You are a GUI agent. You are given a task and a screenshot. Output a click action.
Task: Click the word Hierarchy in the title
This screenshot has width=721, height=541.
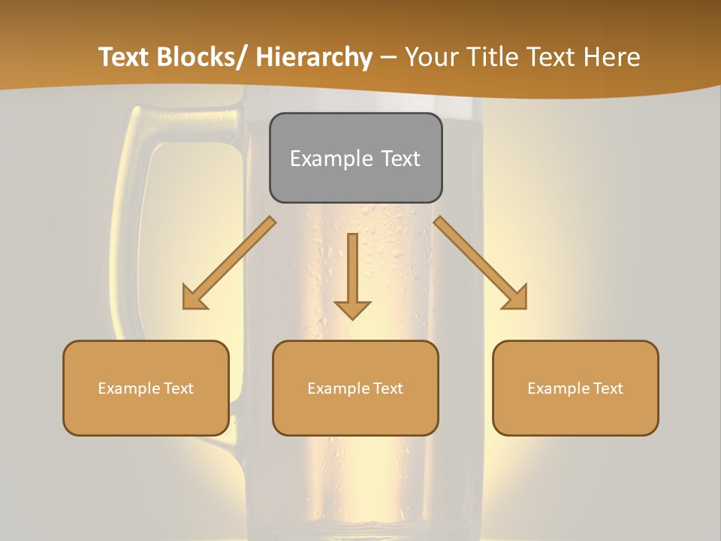coord(314,58)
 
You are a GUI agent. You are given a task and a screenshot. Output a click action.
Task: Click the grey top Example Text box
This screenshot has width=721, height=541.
coord(355,158)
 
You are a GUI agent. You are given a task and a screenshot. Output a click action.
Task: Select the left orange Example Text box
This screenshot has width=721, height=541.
coord(146,388)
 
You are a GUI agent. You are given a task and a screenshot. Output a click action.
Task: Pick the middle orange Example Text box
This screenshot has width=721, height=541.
coord(355,388)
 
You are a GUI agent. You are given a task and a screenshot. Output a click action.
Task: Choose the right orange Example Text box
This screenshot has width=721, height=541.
coord(575,388)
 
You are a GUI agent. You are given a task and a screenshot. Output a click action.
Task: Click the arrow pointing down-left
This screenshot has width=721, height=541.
coord(229,263)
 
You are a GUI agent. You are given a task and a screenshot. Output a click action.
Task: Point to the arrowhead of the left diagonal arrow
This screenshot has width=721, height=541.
coord(193,299)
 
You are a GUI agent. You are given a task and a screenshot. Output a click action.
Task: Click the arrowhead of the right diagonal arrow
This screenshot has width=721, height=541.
coord(517,298)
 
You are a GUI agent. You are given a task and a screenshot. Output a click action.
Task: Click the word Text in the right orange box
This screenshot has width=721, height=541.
coord(608,388)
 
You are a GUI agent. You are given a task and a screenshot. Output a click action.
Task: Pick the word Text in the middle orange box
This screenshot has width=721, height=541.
coord(388,388)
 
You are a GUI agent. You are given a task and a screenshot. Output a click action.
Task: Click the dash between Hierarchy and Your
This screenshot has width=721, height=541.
coord(388,58)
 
